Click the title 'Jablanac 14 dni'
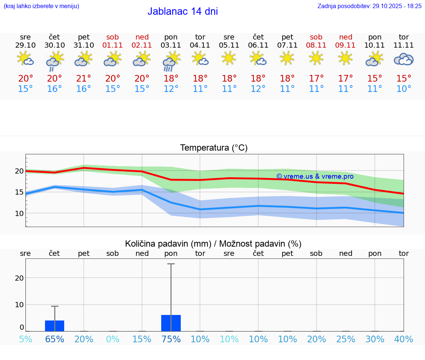[x=183, y=11]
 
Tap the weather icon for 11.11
[x=404, y=59]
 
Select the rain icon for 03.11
[x=171, y=61]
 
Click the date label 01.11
[x=113, y=45]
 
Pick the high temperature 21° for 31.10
[x=84, y=79]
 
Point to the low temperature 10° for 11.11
[x=404, y=89]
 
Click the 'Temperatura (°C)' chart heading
[x=214, y=148]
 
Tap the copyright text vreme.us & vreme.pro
[x=315, y=176]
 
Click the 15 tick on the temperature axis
[x=19, y=192]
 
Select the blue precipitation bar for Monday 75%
[x=171, y=323]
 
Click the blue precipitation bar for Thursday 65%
[x=55, y=326]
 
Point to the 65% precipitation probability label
[x=55, y=339]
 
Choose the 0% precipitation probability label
[x=113, y=339]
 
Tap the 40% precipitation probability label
[x=404, y=339]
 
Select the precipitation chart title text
[x=213, y=244]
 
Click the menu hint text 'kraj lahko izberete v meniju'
[x=41, y=6]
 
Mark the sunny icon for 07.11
[x=287, y=58]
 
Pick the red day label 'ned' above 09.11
[x=346, y=37]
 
